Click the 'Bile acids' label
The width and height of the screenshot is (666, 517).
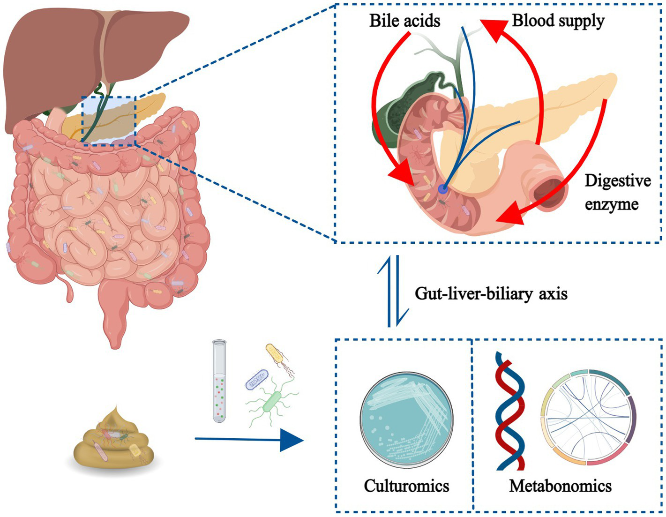click(x=404, y=21)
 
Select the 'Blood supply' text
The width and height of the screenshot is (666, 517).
click(x=558, y=21)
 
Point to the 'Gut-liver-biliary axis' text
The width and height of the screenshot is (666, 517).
click(x=491, y=294)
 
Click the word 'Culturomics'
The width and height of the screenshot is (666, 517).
click(x=406, y=486)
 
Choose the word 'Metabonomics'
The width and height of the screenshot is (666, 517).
click(x=560, y=486)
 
